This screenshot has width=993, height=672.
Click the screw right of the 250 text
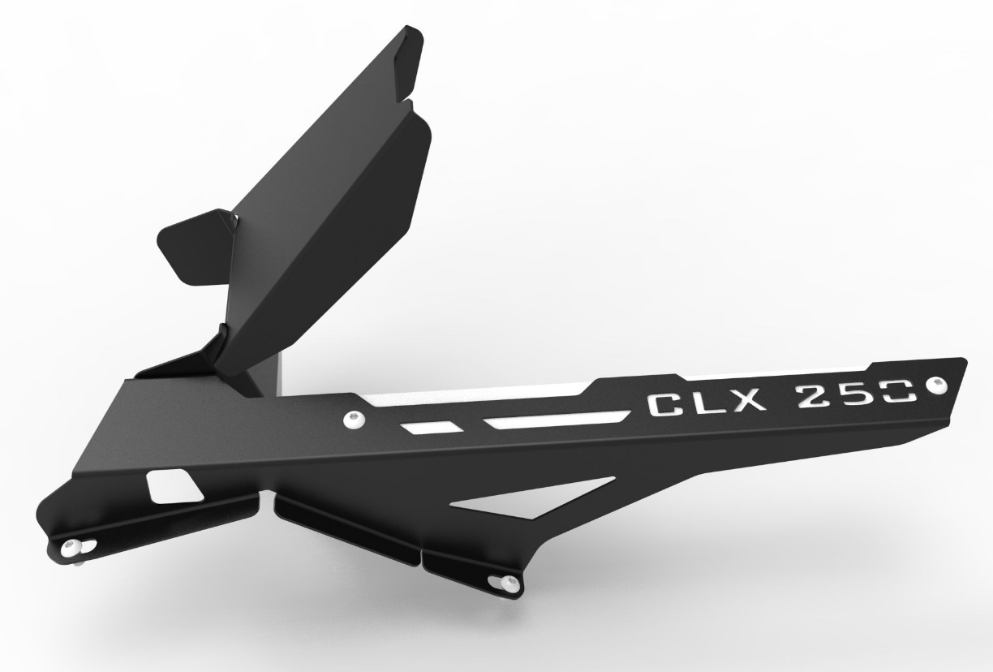point(939,382)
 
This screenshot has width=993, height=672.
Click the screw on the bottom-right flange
point(510,581)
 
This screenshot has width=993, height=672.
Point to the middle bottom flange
point(349,527)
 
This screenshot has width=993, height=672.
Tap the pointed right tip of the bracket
point(961,365)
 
